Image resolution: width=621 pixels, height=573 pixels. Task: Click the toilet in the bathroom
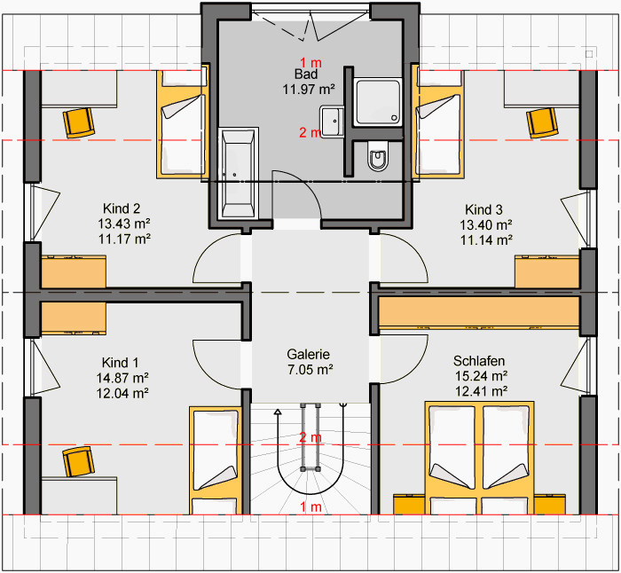point(378,156)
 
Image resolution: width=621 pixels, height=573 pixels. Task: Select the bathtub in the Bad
point(238,173)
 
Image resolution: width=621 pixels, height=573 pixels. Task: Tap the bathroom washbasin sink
point(332,122)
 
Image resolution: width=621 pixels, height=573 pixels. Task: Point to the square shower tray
point(378,102)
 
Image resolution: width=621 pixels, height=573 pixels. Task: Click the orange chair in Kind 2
point(78,122)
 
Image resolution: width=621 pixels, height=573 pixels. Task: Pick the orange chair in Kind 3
point(542,122)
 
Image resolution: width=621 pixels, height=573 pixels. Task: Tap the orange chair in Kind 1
point(78,462)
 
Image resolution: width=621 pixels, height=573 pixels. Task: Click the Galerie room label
point(308,354)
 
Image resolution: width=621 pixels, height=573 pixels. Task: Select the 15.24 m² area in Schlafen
point(481,376)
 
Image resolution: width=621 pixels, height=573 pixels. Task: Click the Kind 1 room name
point(120,362)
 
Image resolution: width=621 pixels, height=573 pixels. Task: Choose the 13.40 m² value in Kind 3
point(486,225)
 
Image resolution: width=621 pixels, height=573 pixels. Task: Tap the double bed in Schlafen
point(479,458)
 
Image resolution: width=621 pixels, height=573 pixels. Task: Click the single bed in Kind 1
point(216,460)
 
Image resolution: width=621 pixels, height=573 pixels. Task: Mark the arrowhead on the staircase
point(278,412)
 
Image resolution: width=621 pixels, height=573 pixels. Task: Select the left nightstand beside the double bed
point(409,504)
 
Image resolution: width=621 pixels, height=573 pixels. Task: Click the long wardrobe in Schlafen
point(479,312)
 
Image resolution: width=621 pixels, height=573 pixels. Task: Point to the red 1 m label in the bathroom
point(310,63)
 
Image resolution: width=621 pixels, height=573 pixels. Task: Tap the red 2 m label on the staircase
point(310,437)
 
